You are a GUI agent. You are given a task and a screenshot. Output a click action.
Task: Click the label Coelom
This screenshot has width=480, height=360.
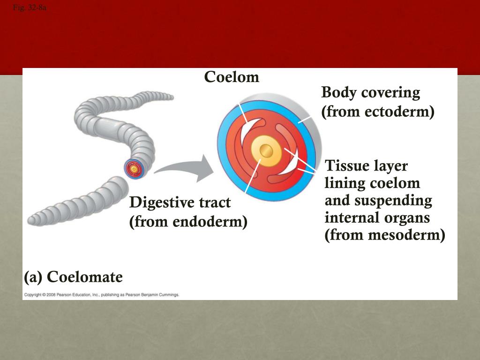pyautogui.click(x=232, y=77)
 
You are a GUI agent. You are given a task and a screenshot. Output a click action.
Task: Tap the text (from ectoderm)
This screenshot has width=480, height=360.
pyautogui.click(x=378, y=112)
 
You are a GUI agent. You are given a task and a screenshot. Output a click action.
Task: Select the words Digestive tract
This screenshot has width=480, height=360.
pyautogui.click(x=180, y=203)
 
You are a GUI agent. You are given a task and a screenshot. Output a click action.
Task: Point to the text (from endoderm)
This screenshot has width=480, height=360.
pyautogui.click(x=188, y=221)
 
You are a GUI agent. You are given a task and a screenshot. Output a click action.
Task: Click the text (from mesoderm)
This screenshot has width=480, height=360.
pyautogui.click(x=385, y=235)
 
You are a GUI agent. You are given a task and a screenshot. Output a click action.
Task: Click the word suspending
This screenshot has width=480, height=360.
pyautogui.click(x=393, y=201)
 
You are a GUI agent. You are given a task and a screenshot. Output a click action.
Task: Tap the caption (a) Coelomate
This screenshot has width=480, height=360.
pyautogui.click(x=73, y=277)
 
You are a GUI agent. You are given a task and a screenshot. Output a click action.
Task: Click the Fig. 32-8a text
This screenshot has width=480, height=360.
pyautogui.click(x=30, y=7)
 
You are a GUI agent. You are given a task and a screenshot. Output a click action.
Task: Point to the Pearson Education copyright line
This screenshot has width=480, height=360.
pyautogui.click(x=101, y=295)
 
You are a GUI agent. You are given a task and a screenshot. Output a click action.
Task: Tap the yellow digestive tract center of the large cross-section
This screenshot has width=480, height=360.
pyautogui.click(x=266, y=150)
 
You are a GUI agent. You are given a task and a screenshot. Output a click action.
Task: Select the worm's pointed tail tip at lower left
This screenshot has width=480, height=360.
pyautogui.click(x=32, y=219)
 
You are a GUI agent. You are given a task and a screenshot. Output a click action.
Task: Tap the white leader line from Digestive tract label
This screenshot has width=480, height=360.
pyautogui.click(x=252, y=176)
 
